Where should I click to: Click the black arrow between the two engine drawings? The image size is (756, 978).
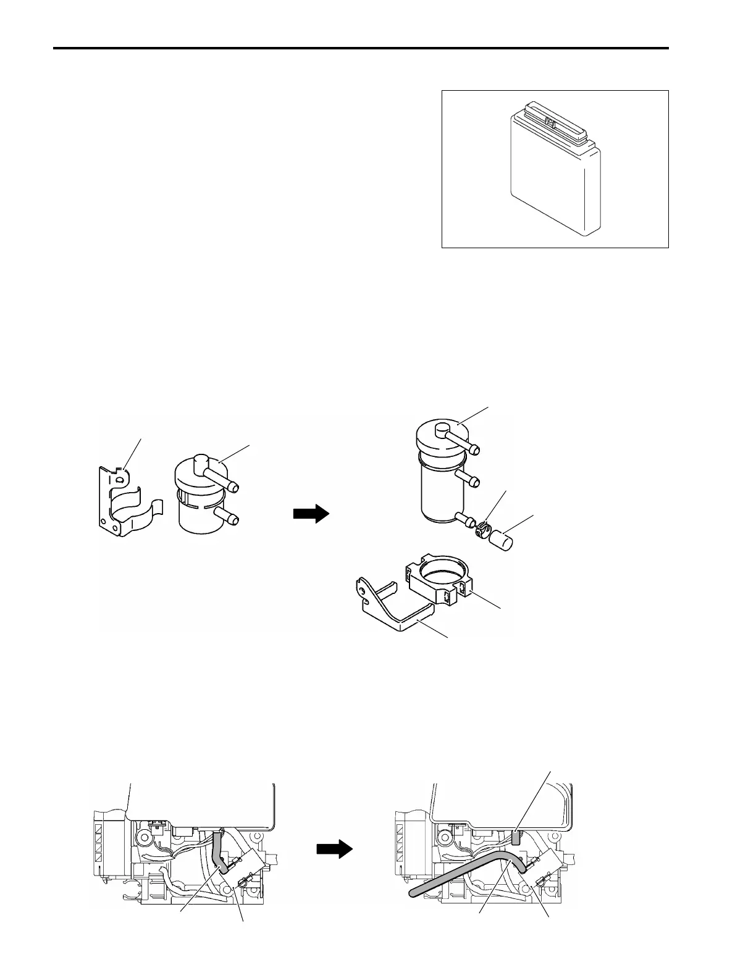pos(334,850)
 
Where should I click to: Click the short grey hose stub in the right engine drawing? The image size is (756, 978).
pos(516,837)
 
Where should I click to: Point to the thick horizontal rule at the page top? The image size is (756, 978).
pos(361,48)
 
